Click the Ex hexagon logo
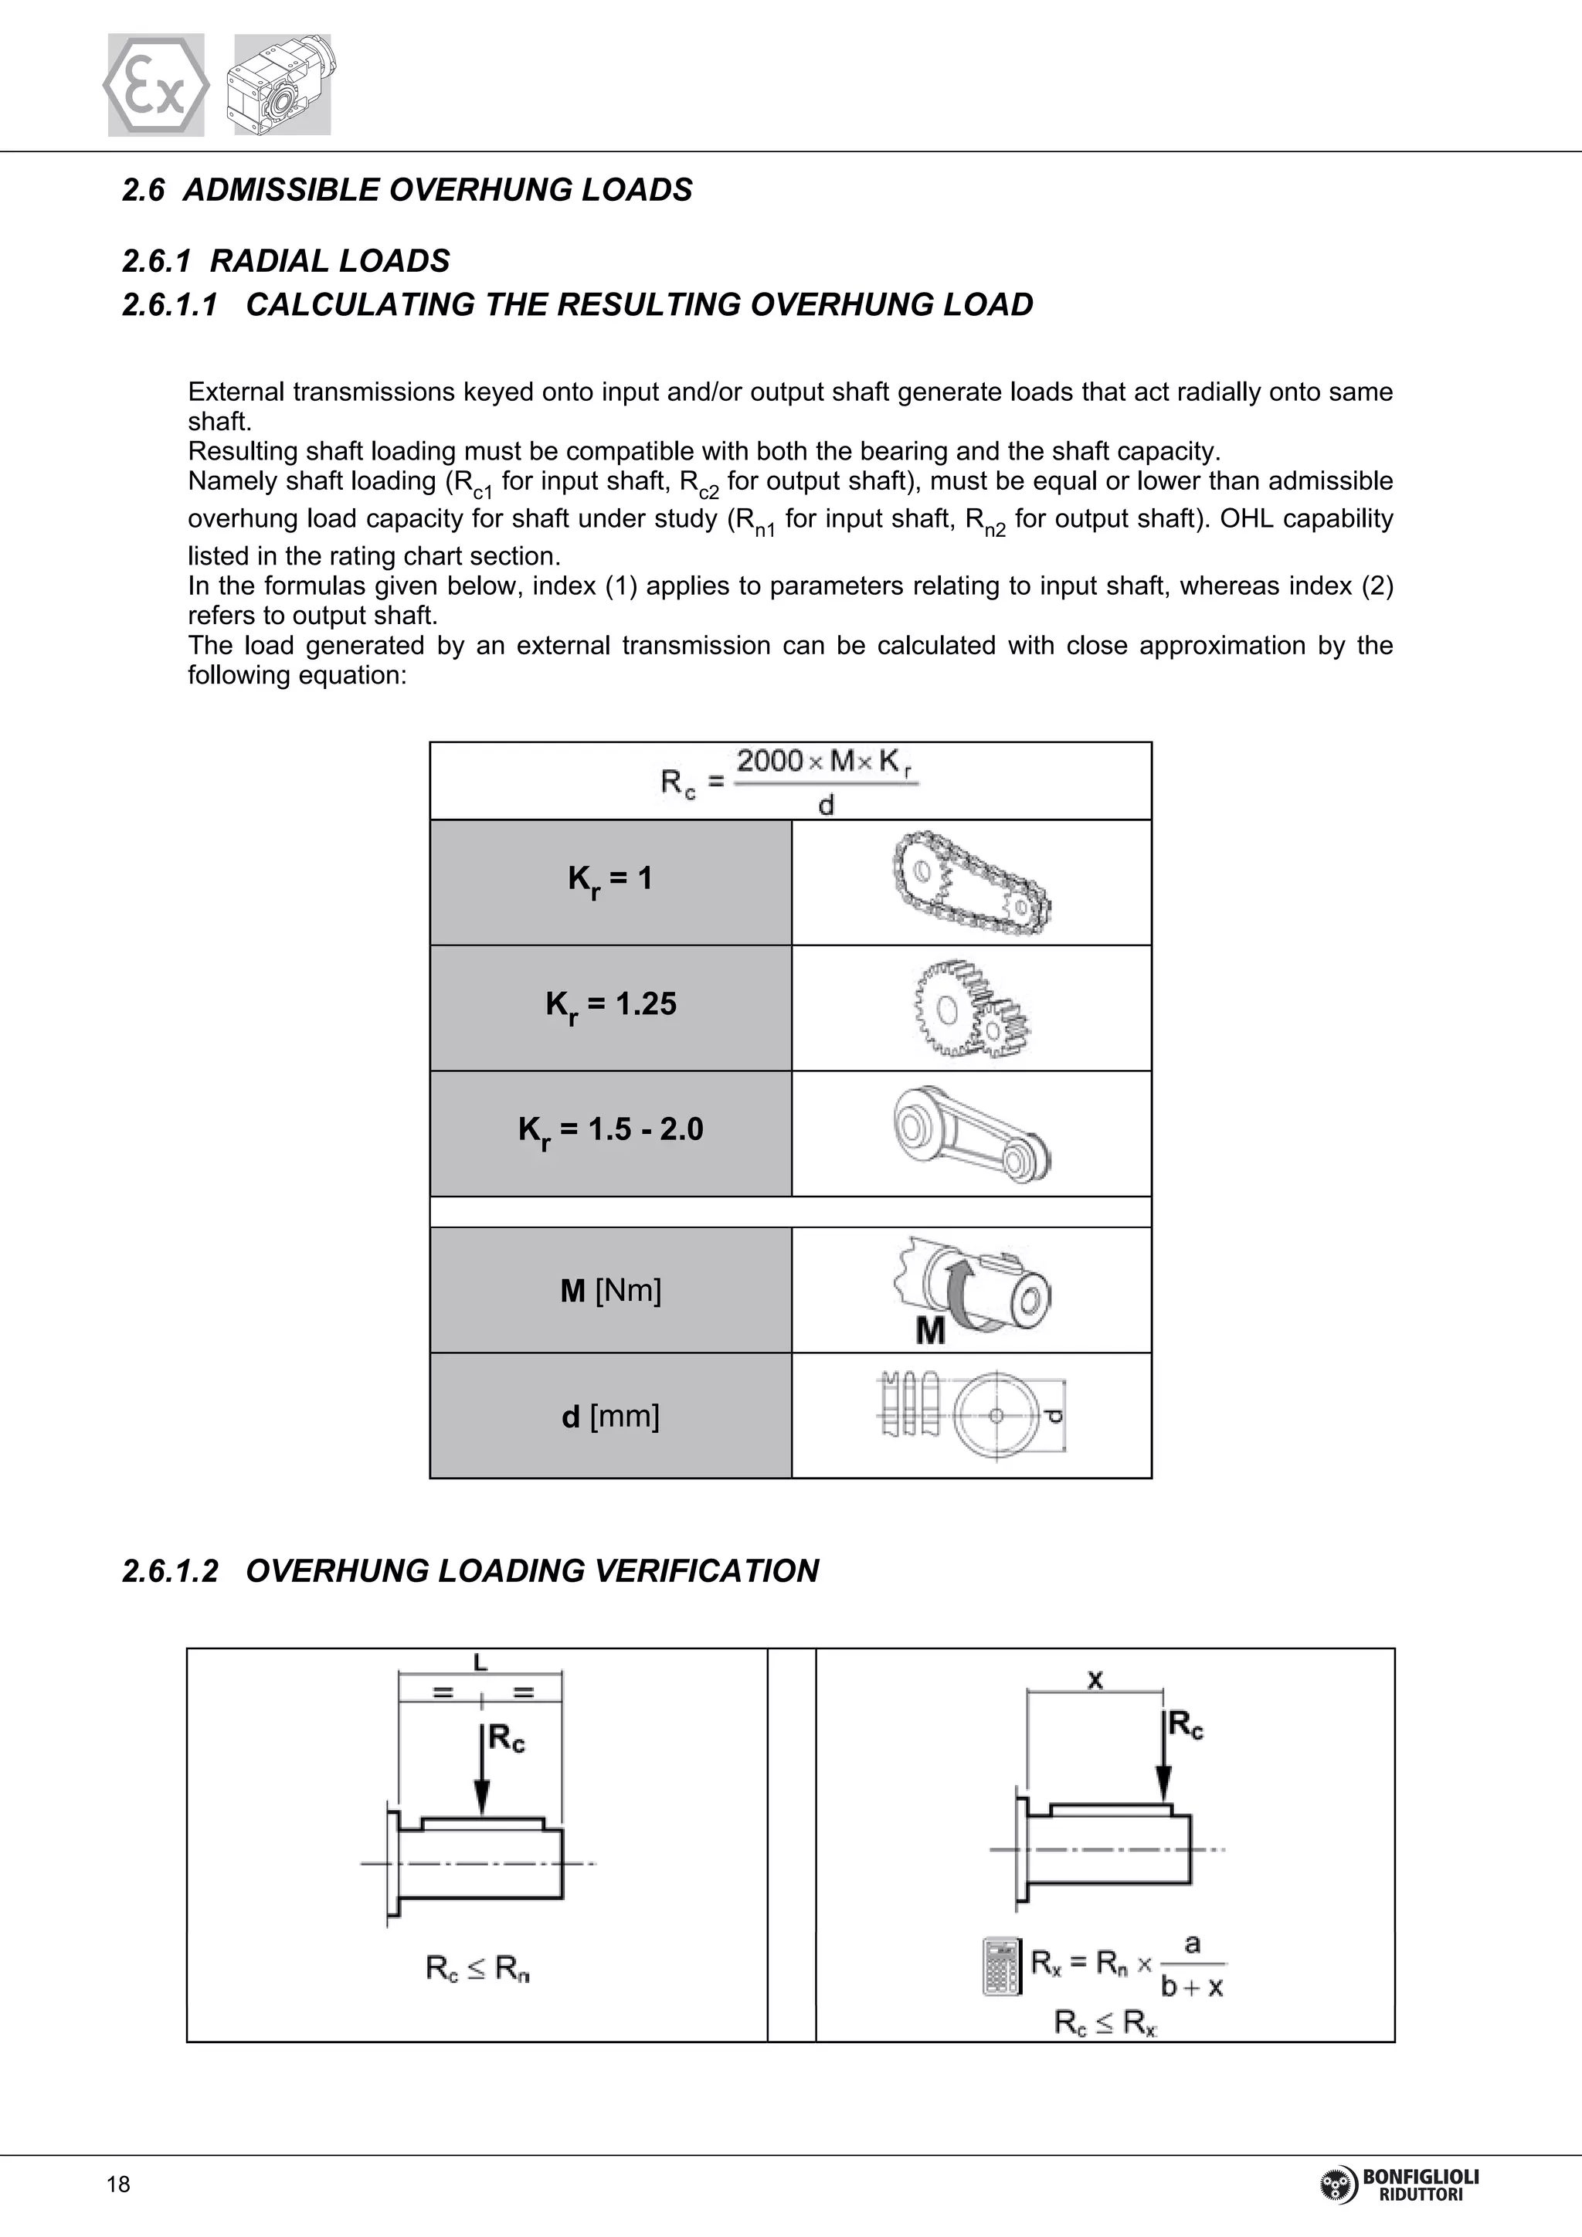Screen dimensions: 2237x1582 pyautogui.click(x=156, y=85)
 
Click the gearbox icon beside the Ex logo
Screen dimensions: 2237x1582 pyautogui.click(x=281, y=85)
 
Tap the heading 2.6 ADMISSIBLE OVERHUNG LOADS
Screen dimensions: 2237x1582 pyautogui.click(x=407, y=189)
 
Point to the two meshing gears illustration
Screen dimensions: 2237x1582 pyautogui.click(x=971, y=1008)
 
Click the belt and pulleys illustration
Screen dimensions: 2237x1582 pyautogui.click(x=971, y=1133)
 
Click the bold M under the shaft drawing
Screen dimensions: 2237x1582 pyautogui.click(x=930, y=1330)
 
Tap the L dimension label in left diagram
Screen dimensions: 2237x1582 pyautogui.click(x=480, y=1662)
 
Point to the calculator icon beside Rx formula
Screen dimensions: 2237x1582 pyautogui.click(x=1001, y=1966)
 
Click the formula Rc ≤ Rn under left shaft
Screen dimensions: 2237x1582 pyautogui.click(x=477, y=1969)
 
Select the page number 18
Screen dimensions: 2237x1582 pyautogui.click(x=118, y=2184)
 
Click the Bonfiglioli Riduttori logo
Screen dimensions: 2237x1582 pyautogui.click(x=1399, y=2185)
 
